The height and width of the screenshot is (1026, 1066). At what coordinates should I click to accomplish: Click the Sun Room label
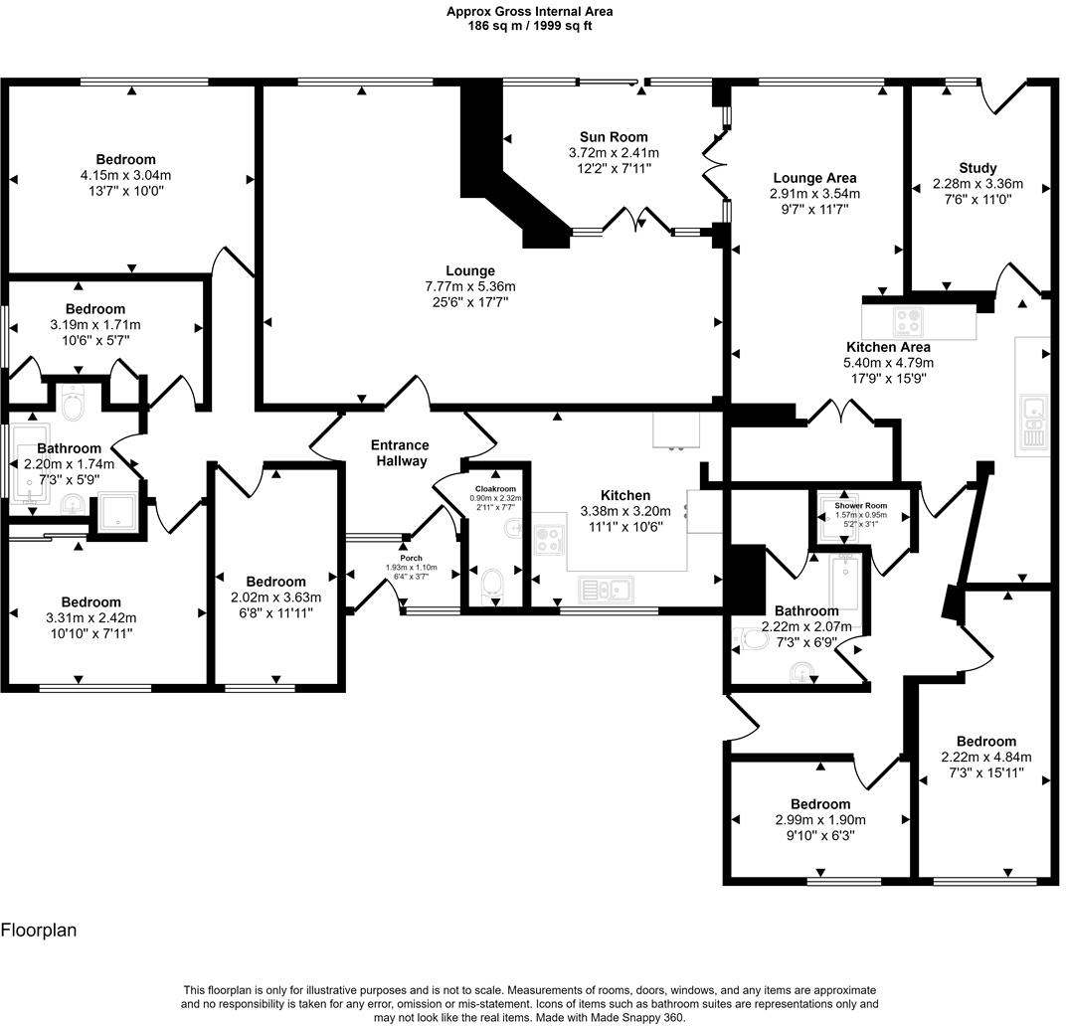point(614,136)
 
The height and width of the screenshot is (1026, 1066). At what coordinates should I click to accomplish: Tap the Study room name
point(977,167)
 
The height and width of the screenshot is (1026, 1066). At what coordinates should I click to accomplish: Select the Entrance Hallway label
point(400,452)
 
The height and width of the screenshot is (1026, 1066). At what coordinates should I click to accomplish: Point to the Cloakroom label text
point(495,489)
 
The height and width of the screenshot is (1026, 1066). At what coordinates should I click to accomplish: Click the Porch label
point(412,558)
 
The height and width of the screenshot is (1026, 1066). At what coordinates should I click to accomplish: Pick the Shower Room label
point(861,506)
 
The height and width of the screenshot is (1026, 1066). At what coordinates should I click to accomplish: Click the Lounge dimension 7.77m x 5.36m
point(469,286)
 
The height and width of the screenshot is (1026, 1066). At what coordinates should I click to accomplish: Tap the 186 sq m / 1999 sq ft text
point(530,26)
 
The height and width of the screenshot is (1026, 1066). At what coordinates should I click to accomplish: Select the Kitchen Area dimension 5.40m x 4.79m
point(888,363)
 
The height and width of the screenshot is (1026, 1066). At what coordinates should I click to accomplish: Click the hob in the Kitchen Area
point(908,322)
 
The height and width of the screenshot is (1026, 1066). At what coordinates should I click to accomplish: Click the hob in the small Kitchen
point(549,540)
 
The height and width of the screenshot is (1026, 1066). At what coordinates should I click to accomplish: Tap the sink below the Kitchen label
point(606,590)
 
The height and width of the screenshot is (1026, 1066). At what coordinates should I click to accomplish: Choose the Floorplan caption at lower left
point(39,931)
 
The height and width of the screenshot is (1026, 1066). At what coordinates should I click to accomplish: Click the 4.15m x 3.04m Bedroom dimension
point(125,175)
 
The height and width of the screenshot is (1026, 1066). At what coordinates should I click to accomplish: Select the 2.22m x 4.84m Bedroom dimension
point(986,757)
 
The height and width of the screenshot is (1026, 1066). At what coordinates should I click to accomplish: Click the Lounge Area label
point(814,178)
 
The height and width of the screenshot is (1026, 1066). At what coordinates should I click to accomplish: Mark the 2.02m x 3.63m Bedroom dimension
point(275,597)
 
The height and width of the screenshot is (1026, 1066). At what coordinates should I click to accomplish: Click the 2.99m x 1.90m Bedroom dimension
point(820,820)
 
